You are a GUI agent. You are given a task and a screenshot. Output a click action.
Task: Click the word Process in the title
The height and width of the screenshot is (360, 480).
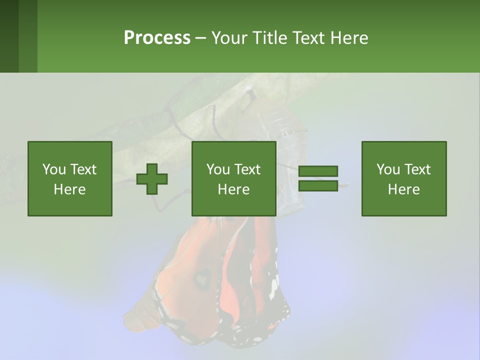pyautogui.click(x=157, y=38)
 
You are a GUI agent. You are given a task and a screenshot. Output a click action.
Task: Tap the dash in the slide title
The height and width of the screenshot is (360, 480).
pyautogui.click(x=201, y=38)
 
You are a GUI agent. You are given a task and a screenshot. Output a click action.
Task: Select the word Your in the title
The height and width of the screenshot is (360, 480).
pyautogui.click(x=228, y=38)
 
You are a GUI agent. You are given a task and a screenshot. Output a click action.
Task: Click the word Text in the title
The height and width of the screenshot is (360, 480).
pyautogui.click(x=308, y=38)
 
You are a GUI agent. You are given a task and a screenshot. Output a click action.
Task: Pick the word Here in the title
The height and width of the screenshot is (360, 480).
pyautogui.click(x=349, y=38)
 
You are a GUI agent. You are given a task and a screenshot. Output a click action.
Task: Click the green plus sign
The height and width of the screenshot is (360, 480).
pyautogui.click(x=152, y=179)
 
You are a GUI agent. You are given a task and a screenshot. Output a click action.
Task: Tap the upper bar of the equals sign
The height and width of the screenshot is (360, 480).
pyautogui.click(x=318, y=171)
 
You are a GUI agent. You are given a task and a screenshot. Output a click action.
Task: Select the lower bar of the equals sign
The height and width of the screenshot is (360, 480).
pyautogui.click(x=318, y=185)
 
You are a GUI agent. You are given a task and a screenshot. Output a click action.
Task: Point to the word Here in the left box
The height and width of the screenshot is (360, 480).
pyautogui.click(x=69, y=189)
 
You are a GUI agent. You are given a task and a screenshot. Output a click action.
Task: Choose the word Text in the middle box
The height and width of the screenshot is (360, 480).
pyautogui.click(x=247, y=169)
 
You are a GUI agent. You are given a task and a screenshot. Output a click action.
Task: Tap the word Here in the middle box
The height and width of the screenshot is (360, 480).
pyautogui.click(x=233, y=189)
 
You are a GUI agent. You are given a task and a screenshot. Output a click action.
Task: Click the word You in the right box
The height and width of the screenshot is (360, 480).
pyautogui.click(x=388, y=169)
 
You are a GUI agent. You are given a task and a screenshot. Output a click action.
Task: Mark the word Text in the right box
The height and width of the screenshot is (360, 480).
pyautogui.click(x=417, y=169)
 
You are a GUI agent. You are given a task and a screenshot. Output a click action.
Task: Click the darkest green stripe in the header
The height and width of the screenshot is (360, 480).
pyautogui.click(x=9, y=36)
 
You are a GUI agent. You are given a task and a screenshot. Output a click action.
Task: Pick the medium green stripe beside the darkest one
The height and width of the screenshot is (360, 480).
pyautogui.click(x=28, y=36)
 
